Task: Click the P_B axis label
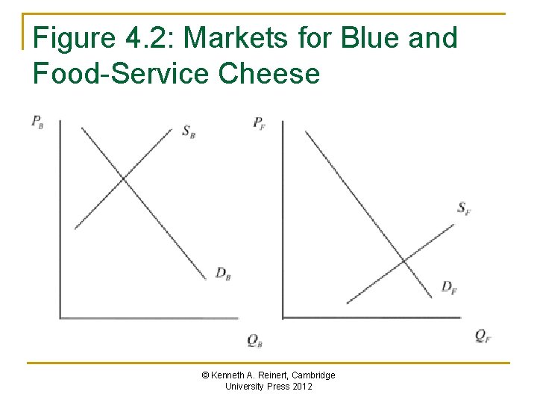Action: [x=37, y=122]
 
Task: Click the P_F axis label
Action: [x=260, y=122]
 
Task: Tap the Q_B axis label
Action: [x=254, y=341]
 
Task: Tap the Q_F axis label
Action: [x=483, y=336]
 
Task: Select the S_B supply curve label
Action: [x=188, y=131]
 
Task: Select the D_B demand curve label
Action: [x=222, y=273]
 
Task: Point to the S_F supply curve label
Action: [x=464, y=207]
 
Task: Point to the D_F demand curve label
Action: [x=449, y=287]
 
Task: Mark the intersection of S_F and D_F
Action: [x=403, y=260]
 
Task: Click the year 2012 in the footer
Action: [x=302, y=387]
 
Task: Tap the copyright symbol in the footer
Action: [x=205, y=375]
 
